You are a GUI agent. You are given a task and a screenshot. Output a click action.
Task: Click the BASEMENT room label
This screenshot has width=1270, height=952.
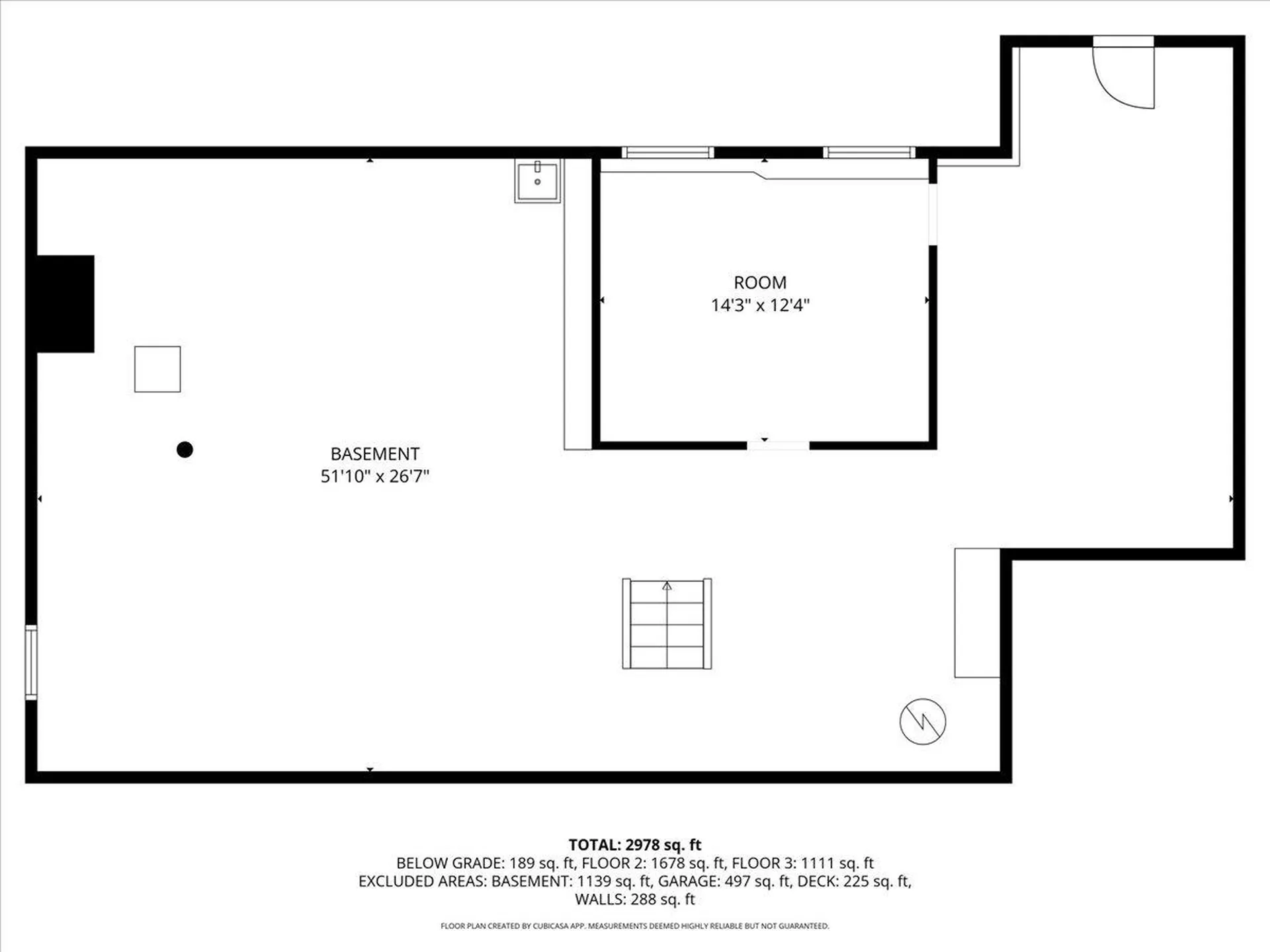pyautogui.click(x=374, y=454)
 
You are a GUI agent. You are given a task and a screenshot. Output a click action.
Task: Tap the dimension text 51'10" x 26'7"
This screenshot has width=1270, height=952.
pyautogui.click(x=374, y=477)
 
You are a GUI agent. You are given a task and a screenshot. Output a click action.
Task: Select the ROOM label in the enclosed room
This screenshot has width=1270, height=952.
pyautogui.click(x=760, y=283)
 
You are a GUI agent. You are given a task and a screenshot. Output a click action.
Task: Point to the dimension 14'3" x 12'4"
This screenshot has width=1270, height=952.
pyautogui.click(x=760, y=305)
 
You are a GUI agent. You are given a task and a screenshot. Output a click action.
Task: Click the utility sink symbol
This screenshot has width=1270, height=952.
pyautogui.click(x=537, y=180)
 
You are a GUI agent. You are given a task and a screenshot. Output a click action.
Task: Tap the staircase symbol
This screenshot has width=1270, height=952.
pyautogui.click(x=667, y=624)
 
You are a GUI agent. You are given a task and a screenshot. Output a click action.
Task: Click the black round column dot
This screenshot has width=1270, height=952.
pyautogui.click(x=185, y=450)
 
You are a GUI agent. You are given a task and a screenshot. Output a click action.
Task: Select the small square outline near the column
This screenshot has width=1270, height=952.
pyautogui.click(x=157, y=369)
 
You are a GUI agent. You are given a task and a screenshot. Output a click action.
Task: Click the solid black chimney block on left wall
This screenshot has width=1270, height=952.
pyautogui.click(x=65, y=303)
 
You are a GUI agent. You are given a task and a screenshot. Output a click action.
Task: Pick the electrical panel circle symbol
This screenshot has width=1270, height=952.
pyautogui.click(x=923, y=721)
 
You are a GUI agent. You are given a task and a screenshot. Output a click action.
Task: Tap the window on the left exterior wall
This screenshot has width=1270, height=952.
pyautogui.click(x=30, y=662)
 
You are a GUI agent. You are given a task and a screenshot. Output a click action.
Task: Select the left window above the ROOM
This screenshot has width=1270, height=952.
pyautogui.click(x=667, y=153)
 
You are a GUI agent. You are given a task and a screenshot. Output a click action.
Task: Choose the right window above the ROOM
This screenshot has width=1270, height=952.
pyautogui.click(x=869, y=153)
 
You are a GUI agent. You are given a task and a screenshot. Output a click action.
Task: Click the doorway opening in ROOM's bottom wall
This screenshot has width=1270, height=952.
pyautogui.click(x=778, y=446)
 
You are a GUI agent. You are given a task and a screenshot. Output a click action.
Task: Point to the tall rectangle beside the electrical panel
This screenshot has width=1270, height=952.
pyautogui.click(x=976, y=613)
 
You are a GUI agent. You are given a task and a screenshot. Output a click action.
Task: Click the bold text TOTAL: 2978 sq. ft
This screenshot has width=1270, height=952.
pyautogui.click(x=634, y=845)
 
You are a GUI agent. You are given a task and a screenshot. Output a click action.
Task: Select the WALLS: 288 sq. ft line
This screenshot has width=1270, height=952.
pyautogui.click(x=634, y=899)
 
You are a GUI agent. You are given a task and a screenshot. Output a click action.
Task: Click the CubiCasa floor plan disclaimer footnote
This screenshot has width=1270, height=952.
pyautogui.click(x=634, y=926)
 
